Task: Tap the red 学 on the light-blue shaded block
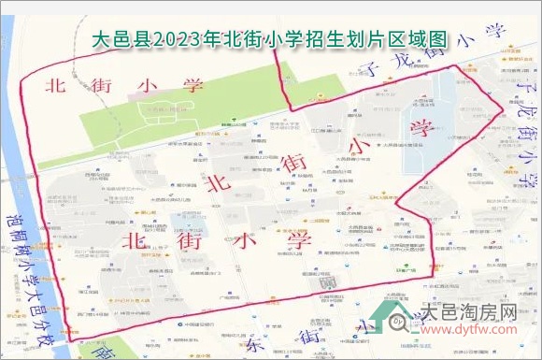pyautogui.click(x=419, y=126)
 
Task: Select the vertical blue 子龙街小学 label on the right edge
pyautogui.click(x=524, y=122)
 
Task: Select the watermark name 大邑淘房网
pyautogui.click(x=467, y=311)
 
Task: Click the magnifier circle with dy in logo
pyautogui.click(x=396, y=322)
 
